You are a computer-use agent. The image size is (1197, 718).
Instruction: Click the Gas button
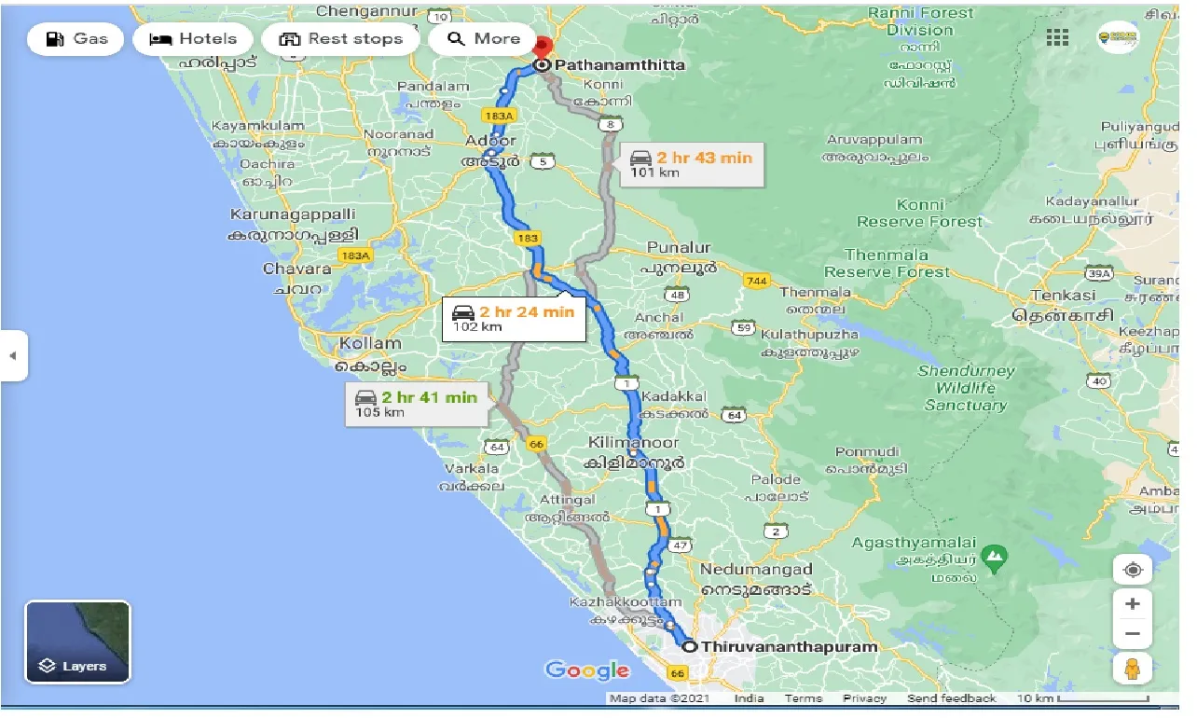[76, 38]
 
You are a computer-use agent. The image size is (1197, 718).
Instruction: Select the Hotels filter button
[193, 39]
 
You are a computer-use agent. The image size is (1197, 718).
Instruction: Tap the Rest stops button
[341, 39]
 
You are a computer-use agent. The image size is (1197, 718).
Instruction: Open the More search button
[483, 39]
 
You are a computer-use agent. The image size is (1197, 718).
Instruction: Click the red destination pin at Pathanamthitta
[543, 47]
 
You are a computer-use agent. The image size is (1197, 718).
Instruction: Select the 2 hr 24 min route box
[513, 318]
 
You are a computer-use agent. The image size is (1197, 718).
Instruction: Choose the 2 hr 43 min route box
[691, 164]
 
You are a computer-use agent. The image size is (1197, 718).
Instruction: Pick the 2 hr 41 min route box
[416, 404]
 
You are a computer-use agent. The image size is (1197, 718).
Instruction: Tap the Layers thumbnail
[77, 642]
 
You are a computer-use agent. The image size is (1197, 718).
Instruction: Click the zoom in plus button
[1133, 604]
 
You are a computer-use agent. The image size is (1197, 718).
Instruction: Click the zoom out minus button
[1133, 634]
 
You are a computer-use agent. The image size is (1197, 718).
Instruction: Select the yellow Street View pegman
[1133, 669]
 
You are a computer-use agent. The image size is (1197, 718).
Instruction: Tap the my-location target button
[1133, 570]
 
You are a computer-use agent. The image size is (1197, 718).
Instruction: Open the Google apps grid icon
[1057, 37]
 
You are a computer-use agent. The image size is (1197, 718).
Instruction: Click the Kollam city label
[370, 343]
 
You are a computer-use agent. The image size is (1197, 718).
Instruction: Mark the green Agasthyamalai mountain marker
[996, 559]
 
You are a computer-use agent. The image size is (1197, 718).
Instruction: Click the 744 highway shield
[756, 281]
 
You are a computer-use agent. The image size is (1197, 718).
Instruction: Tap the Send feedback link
[950, 698]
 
